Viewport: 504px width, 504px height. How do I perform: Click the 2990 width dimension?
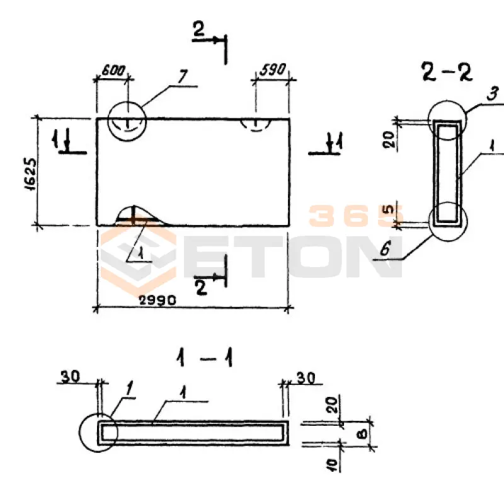click(x=157, y=301)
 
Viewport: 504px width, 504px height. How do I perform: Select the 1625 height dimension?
click(x=30, y=175)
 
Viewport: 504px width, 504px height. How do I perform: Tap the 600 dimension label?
click(x=113, y=70)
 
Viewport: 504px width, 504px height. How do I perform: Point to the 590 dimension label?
click(x=273, y=69)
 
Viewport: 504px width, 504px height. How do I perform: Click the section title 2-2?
click(x=447, y=72)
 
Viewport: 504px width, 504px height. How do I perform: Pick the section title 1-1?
click(x=205, y=358)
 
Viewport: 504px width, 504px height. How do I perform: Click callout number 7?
click(x=182, y=77)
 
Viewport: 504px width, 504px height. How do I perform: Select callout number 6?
click(x=386, y=248)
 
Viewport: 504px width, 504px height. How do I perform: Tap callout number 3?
click(x=492, y=93)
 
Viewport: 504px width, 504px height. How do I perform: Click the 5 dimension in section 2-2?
click(x=389, y=209)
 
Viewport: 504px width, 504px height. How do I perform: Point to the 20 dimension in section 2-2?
click(x=389, y=139)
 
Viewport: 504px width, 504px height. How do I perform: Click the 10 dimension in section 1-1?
click(x=333, y=465)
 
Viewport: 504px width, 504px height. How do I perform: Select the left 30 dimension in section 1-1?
click(x=71, y=376)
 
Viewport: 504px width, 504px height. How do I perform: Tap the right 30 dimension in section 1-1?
click(x=306, y=379)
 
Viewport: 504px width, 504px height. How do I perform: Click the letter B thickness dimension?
click(x=362, y=435)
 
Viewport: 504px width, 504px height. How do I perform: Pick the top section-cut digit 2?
click(x=198, y=29)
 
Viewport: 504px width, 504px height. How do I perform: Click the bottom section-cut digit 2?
click(x=201, y=288)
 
